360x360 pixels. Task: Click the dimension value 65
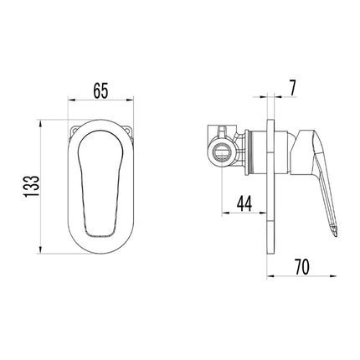click(100, 90)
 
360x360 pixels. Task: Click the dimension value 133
click(32, 187)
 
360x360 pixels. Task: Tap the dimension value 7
click(292, 88)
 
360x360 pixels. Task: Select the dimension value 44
click(244, 203)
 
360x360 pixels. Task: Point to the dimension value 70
click(301, 266)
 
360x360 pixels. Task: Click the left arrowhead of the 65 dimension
click(72, 100)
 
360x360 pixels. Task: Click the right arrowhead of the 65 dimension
click(130, 100)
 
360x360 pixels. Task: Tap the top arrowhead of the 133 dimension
click(41, 125)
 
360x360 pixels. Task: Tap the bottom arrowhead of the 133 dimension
click(41, 249)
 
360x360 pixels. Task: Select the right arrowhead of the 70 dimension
click(333, 276)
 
